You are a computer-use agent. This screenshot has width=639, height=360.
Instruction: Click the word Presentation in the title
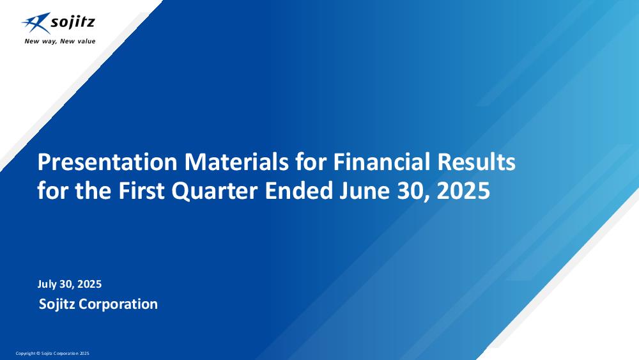pos(107,162)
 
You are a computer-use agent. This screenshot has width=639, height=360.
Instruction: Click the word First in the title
pos(141,191)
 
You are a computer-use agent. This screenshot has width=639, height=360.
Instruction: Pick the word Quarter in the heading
pos(214,192)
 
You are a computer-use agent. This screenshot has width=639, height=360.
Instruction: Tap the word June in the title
pos(364,191)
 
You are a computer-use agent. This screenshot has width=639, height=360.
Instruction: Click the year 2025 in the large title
pos(463,191)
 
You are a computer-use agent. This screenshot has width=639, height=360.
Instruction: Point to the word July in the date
pos(47,285)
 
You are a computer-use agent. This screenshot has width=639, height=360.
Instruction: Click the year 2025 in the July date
pos(89,284)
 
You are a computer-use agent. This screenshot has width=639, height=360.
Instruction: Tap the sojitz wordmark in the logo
pos(73,22)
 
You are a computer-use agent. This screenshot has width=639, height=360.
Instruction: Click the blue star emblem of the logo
pos(36,22)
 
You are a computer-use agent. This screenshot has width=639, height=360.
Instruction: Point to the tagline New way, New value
pos(60,41)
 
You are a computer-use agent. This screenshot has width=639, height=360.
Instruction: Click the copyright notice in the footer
pos(52,354)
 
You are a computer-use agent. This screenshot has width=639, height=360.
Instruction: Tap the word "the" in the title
pos(93,191)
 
